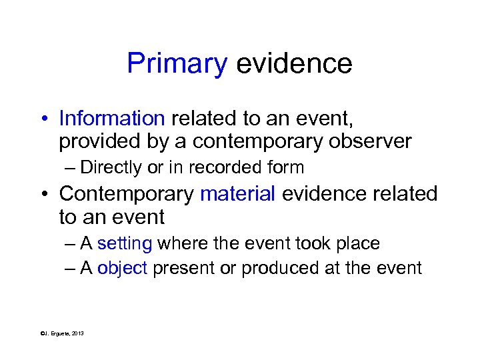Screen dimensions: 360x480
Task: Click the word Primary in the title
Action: coord(177,64)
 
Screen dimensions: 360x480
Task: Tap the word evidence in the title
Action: coord(294,64)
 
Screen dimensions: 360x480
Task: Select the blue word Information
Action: coord(111,119)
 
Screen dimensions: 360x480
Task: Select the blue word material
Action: coord(237,194)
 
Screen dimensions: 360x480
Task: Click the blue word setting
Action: coord(125,244)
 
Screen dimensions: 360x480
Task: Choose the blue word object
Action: coord(122,268)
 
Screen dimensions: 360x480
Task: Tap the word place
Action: coord(359,244)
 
